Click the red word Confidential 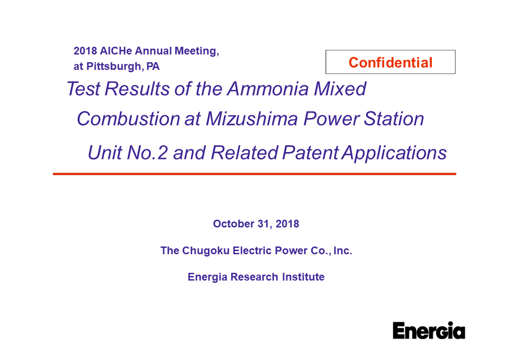point(391,63)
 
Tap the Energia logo point(429,330)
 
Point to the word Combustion point(128,119)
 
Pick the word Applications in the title point(394,153)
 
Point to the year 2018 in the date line point(287,224)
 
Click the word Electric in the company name point(252,251)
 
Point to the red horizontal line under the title point(254,174)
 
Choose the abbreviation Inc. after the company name point(343,251)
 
